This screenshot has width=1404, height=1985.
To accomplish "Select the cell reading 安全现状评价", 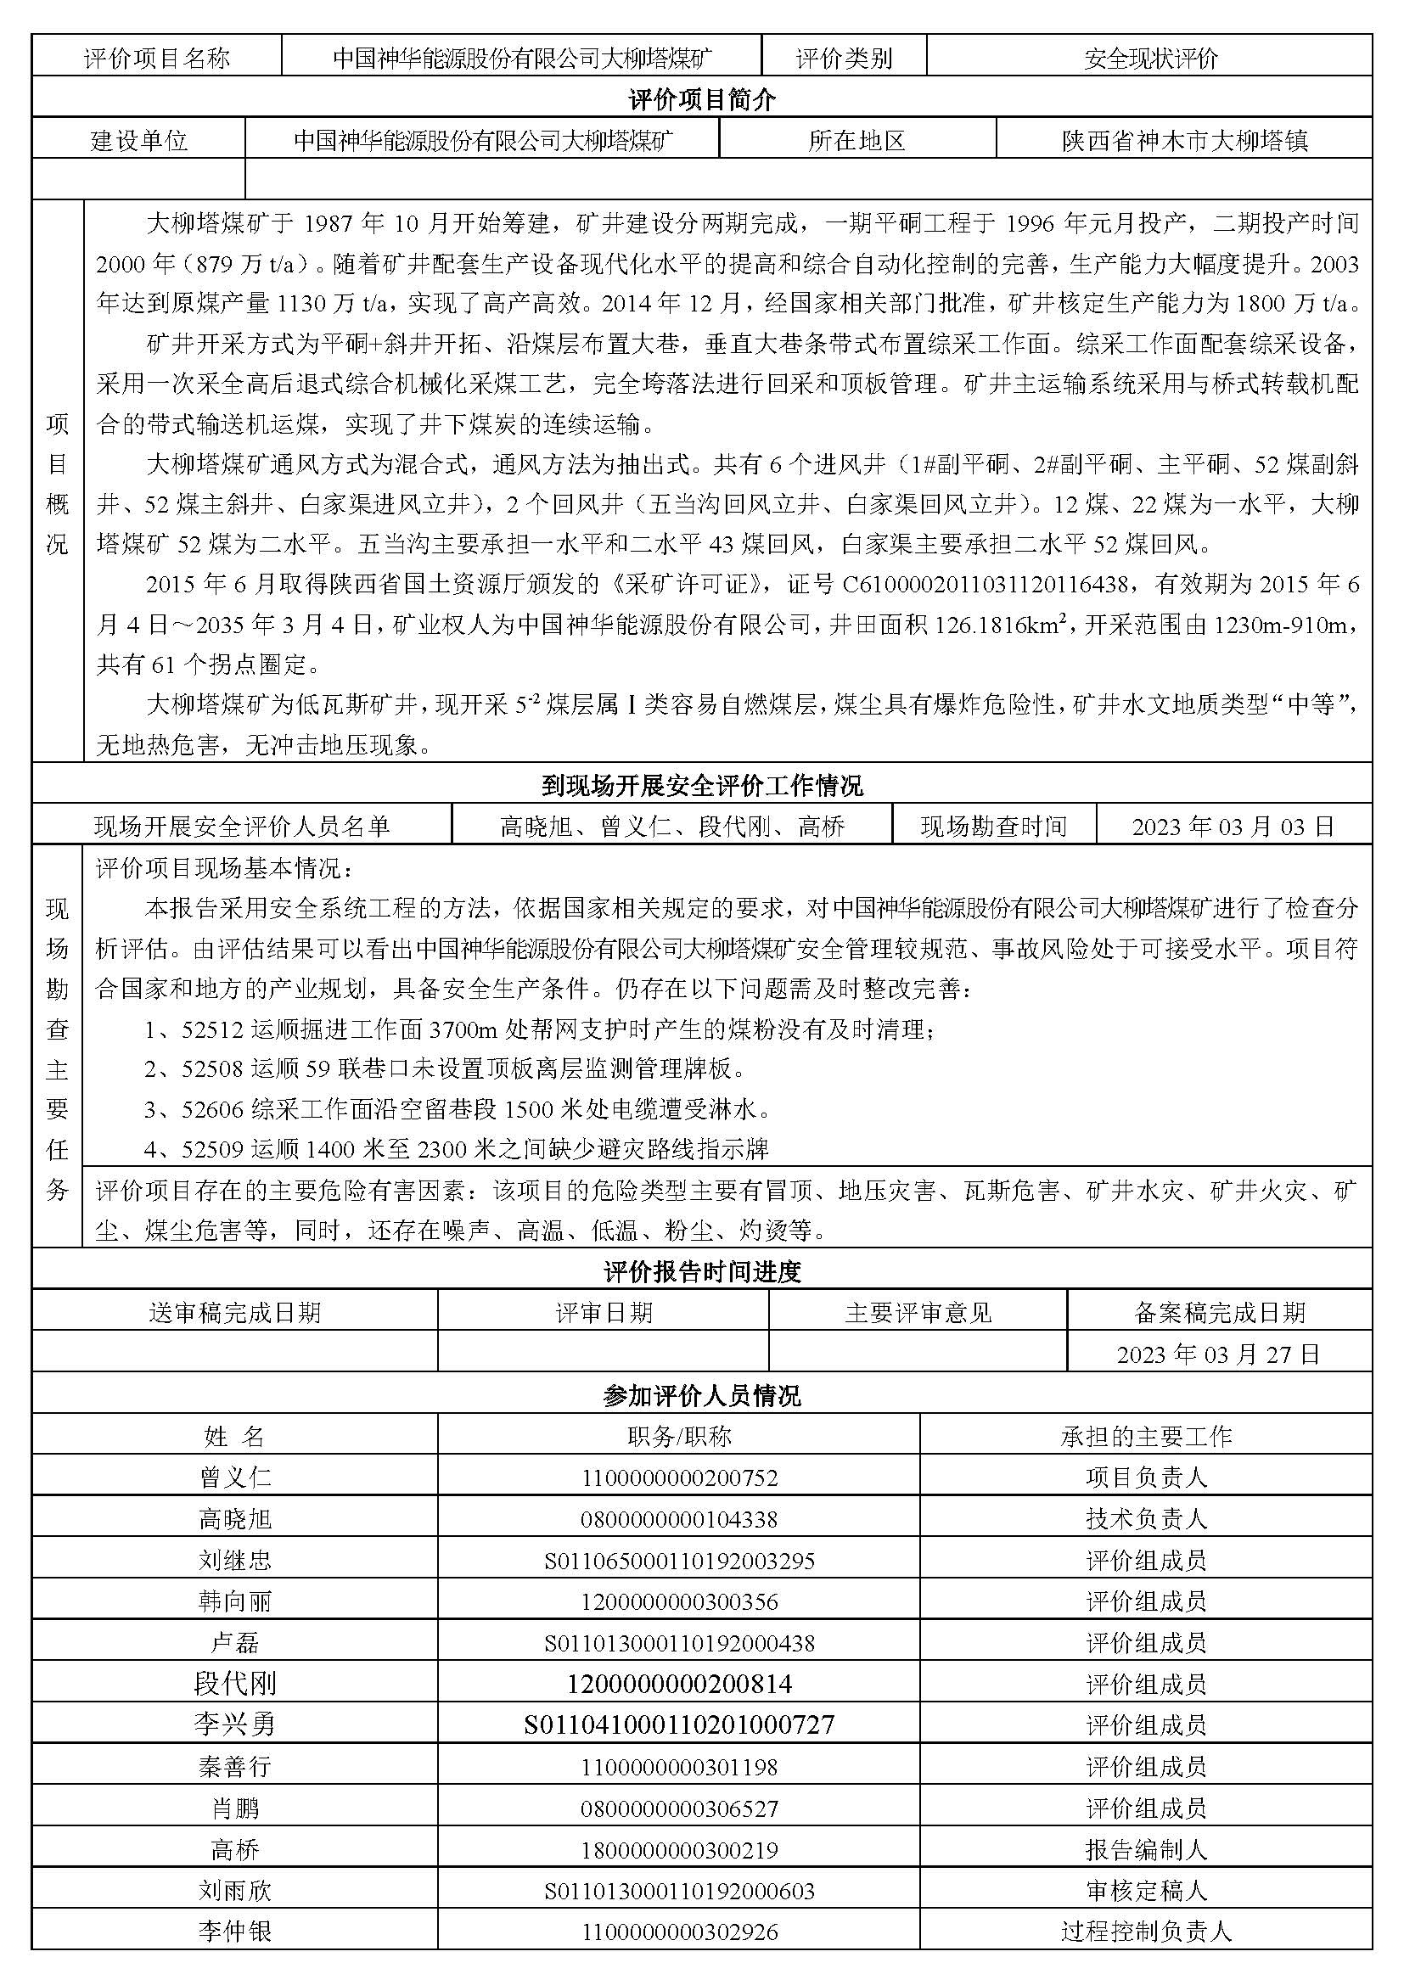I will [x=1150, y=59].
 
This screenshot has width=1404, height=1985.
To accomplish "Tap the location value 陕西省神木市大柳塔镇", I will [x=1184, y=141].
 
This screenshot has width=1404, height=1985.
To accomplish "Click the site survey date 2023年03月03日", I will [x=1233, y=827].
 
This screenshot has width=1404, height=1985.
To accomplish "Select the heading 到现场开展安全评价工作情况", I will [x=701, y=786].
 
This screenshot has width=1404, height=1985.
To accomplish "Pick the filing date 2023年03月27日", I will [x=1218, y=1354].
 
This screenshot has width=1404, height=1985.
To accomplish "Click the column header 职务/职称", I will [x=680, y=1437].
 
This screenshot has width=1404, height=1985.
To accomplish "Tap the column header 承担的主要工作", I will [x=1145, y=1437].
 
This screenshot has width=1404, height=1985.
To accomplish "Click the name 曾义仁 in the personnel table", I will [x=235, y=1478].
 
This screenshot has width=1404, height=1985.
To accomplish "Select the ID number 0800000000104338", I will [x=680, y=1519].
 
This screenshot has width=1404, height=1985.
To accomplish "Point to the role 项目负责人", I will [x=1145, y=1478].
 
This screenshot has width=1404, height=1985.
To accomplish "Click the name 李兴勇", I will [x=235, y=1724].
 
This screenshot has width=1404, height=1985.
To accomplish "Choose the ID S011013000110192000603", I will [x=680, y=1892].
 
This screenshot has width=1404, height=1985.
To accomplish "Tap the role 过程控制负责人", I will [x=1145, y=1932].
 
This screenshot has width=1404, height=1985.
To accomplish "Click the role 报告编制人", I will [x=1145, y=1850].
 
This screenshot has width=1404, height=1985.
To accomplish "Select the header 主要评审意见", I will [x=918, y=1313].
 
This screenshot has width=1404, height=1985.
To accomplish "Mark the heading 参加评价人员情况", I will [x=701, y=1395].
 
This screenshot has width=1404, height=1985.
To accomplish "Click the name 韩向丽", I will [x=235, y=1601].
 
